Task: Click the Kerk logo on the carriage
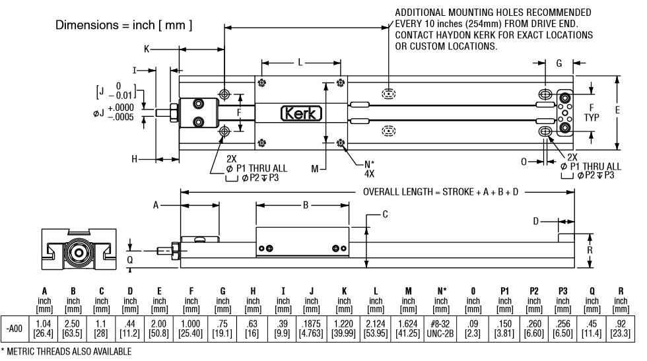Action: [302, 114]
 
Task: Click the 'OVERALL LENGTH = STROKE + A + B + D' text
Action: [441, 192]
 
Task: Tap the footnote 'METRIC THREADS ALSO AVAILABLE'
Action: [69, 353]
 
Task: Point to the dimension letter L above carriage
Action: [300, 62]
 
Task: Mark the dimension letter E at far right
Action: [617, 111]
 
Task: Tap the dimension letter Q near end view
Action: [130, 259]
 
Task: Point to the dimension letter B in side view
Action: [304, 205]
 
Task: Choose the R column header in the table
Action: [621, 291]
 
